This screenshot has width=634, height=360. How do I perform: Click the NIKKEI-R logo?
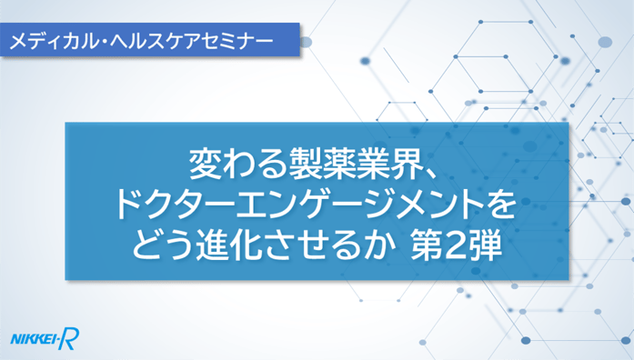coord(45,338)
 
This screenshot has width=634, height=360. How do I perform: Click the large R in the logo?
coord(70,338)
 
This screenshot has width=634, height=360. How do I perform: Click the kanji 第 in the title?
coord(427,246)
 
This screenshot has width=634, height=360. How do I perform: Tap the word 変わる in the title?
coord(236,165)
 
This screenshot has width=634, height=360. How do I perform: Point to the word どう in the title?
coord(162,246)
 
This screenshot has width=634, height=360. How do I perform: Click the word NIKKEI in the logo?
coord(34,339)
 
